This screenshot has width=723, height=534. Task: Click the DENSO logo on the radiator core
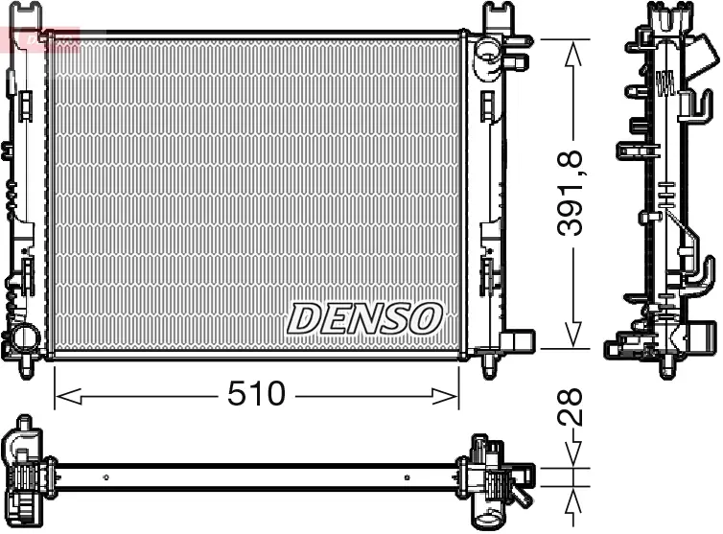coord(365,318)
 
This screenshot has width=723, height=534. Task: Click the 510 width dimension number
coord(257,393)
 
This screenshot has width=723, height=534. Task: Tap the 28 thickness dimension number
coord(572,405)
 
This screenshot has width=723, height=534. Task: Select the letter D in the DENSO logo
coord(305,318)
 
